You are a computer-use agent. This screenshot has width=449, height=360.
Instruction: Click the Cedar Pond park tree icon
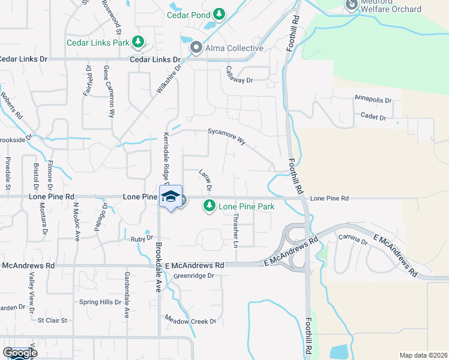pos(220,13)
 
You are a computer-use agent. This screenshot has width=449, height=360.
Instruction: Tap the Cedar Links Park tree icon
pos(139,41)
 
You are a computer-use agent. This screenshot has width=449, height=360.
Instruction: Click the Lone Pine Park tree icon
pos(209,206)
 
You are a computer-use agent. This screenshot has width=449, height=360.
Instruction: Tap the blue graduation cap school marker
pos(170,197)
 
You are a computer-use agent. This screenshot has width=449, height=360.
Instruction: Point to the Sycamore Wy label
pos(227,136)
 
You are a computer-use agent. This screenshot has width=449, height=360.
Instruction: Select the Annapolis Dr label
pos(373,99)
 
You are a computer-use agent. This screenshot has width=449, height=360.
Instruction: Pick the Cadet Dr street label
pos(373,117)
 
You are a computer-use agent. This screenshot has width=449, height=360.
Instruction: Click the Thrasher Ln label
pos(235,230)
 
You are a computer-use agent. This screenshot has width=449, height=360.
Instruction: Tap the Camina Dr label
pos(352,242)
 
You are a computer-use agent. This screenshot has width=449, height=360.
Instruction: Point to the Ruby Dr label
pos(142,239)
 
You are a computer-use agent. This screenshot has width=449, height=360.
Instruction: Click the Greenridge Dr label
pos(194,276)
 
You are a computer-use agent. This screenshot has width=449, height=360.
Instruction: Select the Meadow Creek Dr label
pos(190,321)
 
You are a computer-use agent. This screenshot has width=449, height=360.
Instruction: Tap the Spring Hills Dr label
pos(100,302)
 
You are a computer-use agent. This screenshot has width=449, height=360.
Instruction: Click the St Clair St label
pos(52,320)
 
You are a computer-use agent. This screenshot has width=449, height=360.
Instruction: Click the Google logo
pos(20,353)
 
